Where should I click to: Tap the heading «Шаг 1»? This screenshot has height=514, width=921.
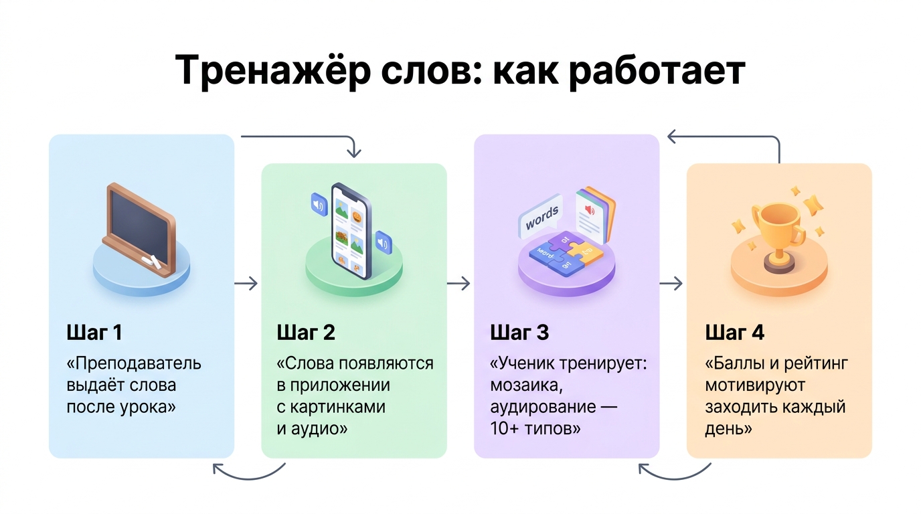(94, 333)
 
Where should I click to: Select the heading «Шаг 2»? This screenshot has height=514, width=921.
(306, 333)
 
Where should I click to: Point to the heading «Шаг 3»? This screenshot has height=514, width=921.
(519, 333)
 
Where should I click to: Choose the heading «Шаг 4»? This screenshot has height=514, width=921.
(734, 333)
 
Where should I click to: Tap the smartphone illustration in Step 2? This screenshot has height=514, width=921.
(351, 231)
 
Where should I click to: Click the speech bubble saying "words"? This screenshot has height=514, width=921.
(541, 219)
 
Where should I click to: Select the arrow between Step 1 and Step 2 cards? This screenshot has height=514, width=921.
(247, 283)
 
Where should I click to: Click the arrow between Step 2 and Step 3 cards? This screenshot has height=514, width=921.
(459, 284)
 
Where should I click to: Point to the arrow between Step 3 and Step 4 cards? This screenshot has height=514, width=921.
(671, 284)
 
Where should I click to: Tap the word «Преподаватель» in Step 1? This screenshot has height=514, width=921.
(137, 364)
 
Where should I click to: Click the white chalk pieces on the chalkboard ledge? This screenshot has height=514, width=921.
(153, 262)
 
